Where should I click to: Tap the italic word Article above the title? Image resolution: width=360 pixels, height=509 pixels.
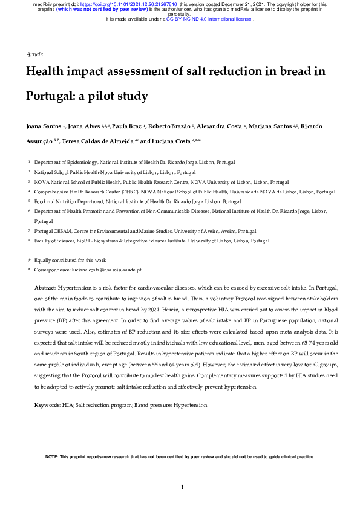(x=34, y=54)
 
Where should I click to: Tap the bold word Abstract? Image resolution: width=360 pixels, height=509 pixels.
(x=45, y=288)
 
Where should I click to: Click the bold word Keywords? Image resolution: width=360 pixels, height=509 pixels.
(x=48, y=403)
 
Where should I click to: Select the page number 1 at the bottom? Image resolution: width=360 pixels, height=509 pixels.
(x=182, y=487)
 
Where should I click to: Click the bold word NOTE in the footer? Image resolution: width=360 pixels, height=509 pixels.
(x=52, y=457)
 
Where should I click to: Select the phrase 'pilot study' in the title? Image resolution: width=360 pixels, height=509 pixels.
(x=115, y=96)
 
